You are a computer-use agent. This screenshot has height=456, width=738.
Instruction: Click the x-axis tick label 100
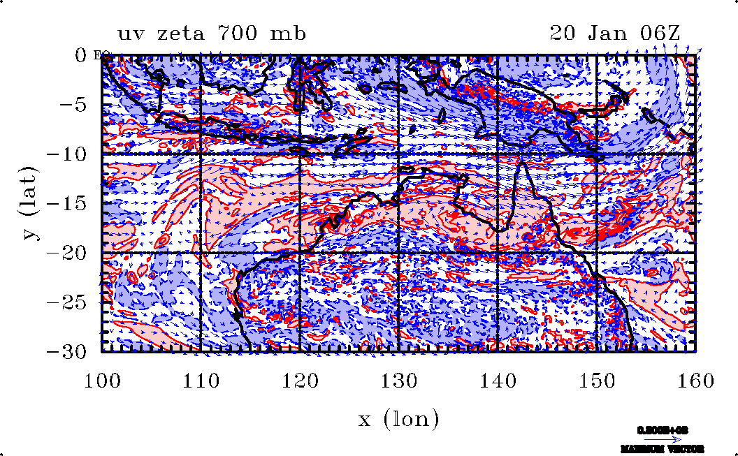pos(103,381)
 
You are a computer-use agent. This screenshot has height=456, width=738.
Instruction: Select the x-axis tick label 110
pos(201,381)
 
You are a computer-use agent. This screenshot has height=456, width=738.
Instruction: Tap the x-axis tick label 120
pos(300,381)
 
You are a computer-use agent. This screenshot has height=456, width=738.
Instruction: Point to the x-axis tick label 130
pos(398,381)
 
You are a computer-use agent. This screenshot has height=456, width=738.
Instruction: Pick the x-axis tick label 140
pos(497,381)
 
